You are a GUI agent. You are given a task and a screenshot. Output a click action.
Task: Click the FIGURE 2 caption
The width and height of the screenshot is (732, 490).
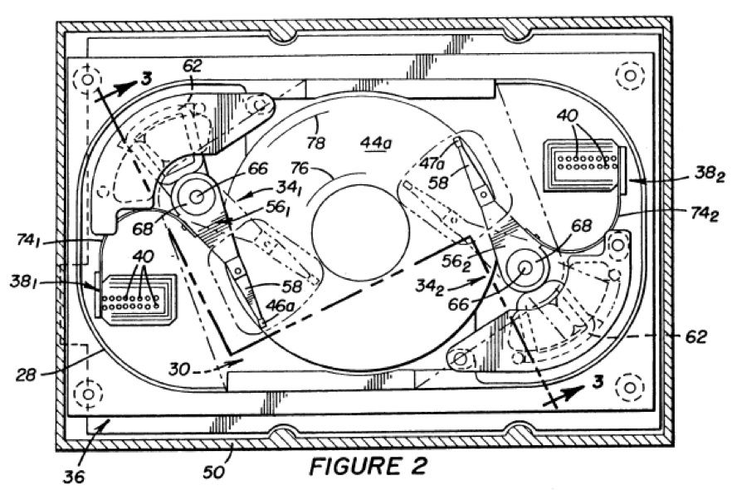(368, 466)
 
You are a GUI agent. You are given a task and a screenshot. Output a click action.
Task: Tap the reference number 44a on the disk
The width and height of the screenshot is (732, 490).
(376, 144)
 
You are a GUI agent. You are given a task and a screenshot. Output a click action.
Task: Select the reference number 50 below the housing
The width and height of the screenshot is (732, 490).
(213, 472)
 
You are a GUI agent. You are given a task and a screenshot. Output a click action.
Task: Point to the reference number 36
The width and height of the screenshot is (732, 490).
(74, 476)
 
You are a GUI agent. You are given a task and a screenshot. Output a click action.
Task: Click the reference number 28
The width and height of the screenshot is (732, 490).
(25, 375)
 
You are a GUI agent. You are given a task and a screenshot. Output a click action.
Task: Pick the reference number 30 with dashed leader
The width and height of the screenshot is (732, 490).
(179, 370)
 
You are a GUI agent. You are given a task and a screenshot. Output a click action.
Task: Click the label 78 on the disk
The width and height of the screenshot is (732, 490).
(315, 143)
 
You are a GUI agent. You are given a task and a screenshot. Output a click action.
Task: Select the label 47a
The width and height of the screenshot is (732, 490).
(432, 164)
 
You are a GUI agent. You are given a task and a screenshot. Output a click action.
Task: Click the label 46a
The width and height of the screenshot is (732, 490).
(280, 306)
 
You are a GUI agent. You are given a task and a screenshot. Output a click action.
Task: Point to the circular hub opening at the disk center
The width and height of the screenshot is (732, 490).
(361, 229)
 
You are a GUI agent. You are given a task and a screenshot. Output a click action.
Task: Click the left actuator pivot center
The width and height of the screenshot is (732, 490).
(196, 197)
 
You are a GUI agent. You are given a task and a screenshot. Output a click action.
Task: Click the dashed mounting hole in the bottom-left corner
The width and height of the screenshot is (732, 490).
(88, 394)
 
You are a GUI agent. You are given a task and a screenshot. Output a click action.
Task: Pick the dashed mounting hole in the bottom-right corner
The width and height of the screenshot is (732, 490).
(630, 387)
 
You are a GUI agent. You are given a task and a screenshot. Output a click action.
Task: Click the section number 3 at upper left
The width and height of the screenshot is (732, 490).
(146, 79)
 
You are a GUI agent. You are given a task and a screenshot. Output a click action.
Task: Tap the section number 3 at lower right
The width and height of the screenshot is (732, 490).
(598, 382)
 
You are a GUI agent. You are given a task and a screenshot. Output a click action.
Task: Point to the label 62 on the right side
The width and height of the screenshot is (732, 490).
(696, 336)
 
